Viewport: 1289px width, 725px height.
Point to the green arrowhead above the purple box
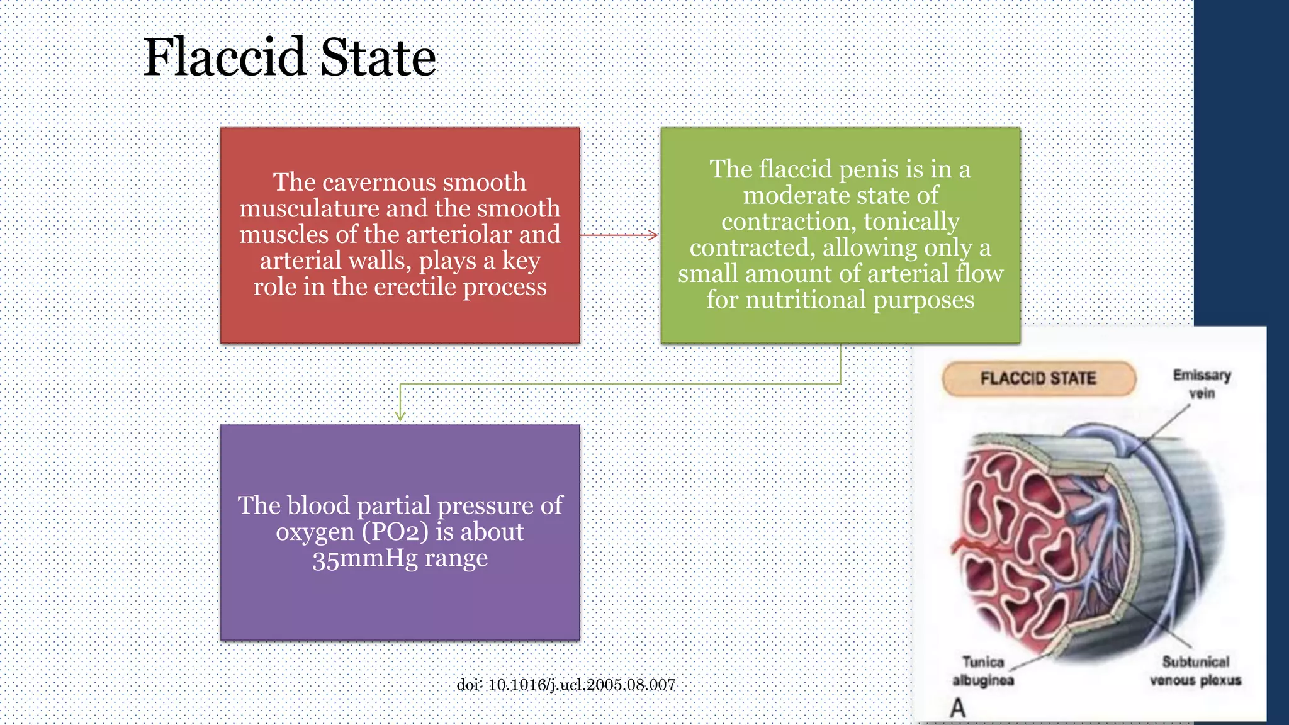[x=400, y=415]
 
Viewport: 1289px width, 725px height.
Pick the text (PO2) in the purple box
[x=395, y=532]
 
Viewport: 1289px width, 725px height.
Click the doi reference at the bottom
[x=566, y=685]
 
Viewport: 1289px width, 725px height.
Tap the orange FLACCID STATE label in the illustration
[x=1039, y=378]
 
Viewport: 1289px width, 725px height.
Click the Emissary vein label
[x=1202, y=384]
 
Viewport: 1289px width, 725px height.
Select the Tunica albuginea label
[x=983, y=671]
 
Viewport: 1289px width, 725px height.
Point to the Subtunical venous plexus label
[x=1195, y=671]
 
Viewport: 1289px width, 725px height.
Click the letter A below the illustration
[x=957, y=708]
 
